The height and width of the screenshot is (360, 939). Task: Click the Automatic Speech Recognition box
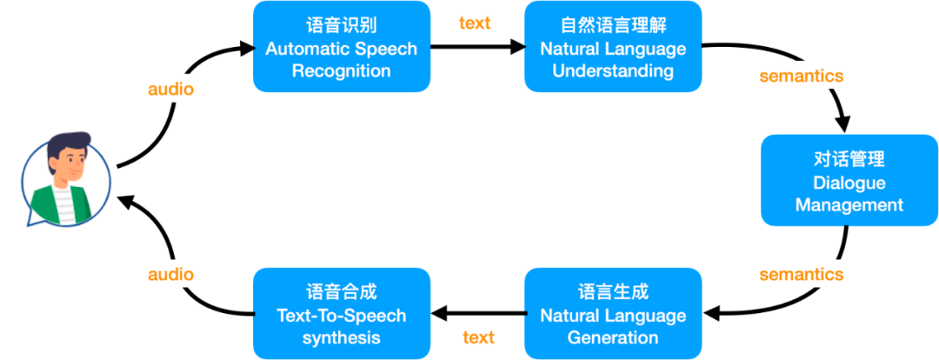point(342,46)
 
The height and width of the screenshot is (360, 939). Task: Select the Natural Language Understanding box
point(613,46)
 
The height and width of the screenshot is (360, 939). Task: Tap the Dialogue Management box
point(849,180)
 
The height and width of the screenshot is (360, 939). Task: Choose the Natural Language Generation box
point(613,313)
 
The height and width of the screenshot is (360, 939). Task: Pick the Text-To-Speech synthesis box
point(342,313)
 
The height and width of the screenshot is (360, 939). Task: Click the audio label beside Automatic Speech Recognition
point(171,90)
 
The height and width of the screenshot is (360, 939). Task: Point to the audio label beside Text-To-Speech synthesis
point(171,274)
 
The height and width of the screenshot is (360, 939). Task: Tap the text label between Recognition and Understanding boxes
point(475,23)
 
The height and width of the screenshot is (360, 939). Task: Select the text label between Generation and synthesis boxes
point(478,337)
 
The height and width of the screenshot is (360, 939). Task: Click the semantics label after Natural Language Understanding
point(801,76)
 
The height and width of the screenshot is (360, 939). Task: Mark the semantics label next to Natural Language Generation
point(801,274)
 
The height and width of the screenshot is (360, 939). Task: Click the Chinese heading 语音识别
point(342,26)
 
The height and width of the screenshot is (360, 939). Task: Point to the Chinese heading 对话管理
point(849,160)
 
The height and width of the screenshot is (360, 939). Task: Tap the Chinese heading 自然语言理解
point(613,26)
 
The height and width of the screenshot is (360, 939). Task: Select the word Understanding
point(613,71)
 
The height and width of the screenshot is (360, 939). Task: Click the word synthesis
point(342,337)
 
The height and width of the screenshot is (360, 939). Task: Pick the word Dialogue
point(849,183)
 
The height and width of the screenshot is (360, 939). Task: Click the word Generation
point(613,337)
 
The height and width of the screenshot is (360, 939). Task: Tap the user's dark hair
point(69,143)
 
